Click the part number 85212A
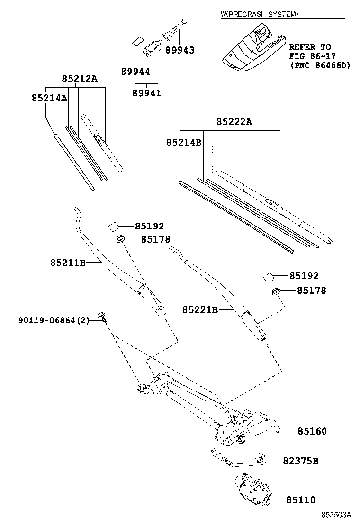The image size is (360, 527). coord(79,79)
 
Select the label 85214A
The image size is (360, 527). coord(49,98)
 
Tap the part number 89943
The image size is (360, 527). coord(180,50)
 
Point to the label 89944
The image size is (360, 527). coord(135,72)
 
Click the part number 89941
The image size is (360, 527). coord(146,93)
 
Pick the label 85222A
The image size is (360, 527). coord(234,122)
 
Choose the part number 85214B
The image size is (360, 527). coord(184,142)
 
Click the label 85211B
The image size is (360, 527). coord(67,262)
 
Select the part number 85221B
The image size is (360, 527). coord(200,310)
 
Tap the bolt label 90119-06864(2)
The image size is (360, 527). coord(54,320)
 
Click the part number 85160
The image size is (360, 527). coord(312,431)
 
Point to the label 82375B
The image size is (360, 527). coord(300,460)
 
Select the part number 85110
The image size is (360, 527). coord(300,500)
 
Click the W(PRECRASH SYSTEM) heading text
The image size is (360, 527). coord(260,14)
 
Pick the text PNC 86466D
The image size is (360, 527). coord(320,65)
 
